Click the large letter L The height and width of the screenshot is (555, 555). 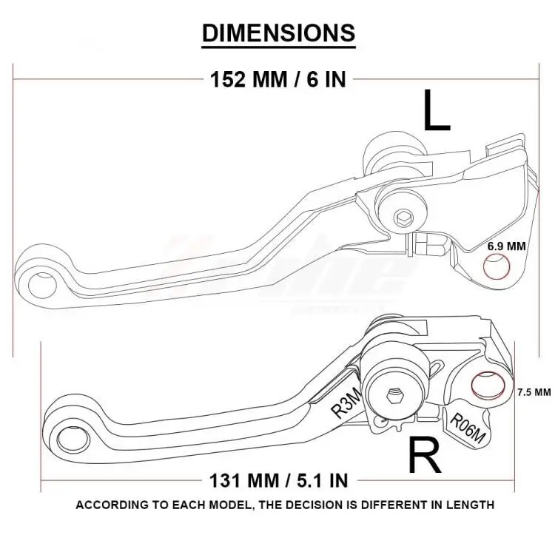pos(436,111)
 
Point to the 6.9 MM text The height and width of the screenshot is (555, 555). pos(505,245)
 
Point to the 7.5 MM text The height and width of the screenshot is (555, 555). pos(534,391)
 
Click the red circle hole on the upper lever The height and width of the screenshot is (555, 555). pos(495,268)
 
